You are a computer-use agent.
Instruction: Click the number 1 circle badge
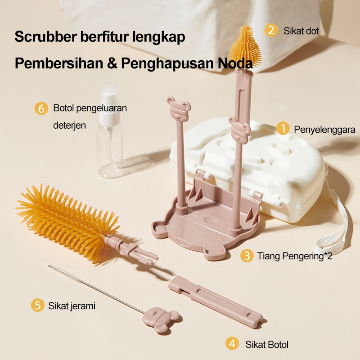[x=283, y=129]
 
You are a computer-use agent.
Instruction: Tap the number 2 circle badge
[x=271, y=31]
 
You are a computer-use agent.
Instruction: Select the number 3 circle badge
[x=246, y=256]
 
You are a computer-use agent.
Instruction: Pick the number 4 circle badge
[x=232, y=344]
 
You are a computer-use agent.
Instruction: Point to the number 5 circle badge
[x=38, y=305]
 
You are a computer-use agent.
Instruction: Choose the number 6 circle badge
[x=41, y=108]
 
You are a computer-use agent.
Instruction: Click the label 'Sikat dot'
[x=301, y=31]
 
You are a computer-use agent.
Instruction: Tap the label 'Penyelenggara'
[x=324, y=130]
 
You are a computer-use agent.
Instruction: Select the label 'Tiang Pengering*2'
[x=294, y=256]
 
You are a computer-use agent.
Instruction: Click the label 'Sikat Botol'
[x=266, y=345]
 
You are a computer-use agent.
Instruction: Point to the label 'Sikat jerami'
[x=72, y=306]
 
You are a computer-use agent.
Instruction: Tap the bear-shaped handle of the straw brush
[x=161, y=319]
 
